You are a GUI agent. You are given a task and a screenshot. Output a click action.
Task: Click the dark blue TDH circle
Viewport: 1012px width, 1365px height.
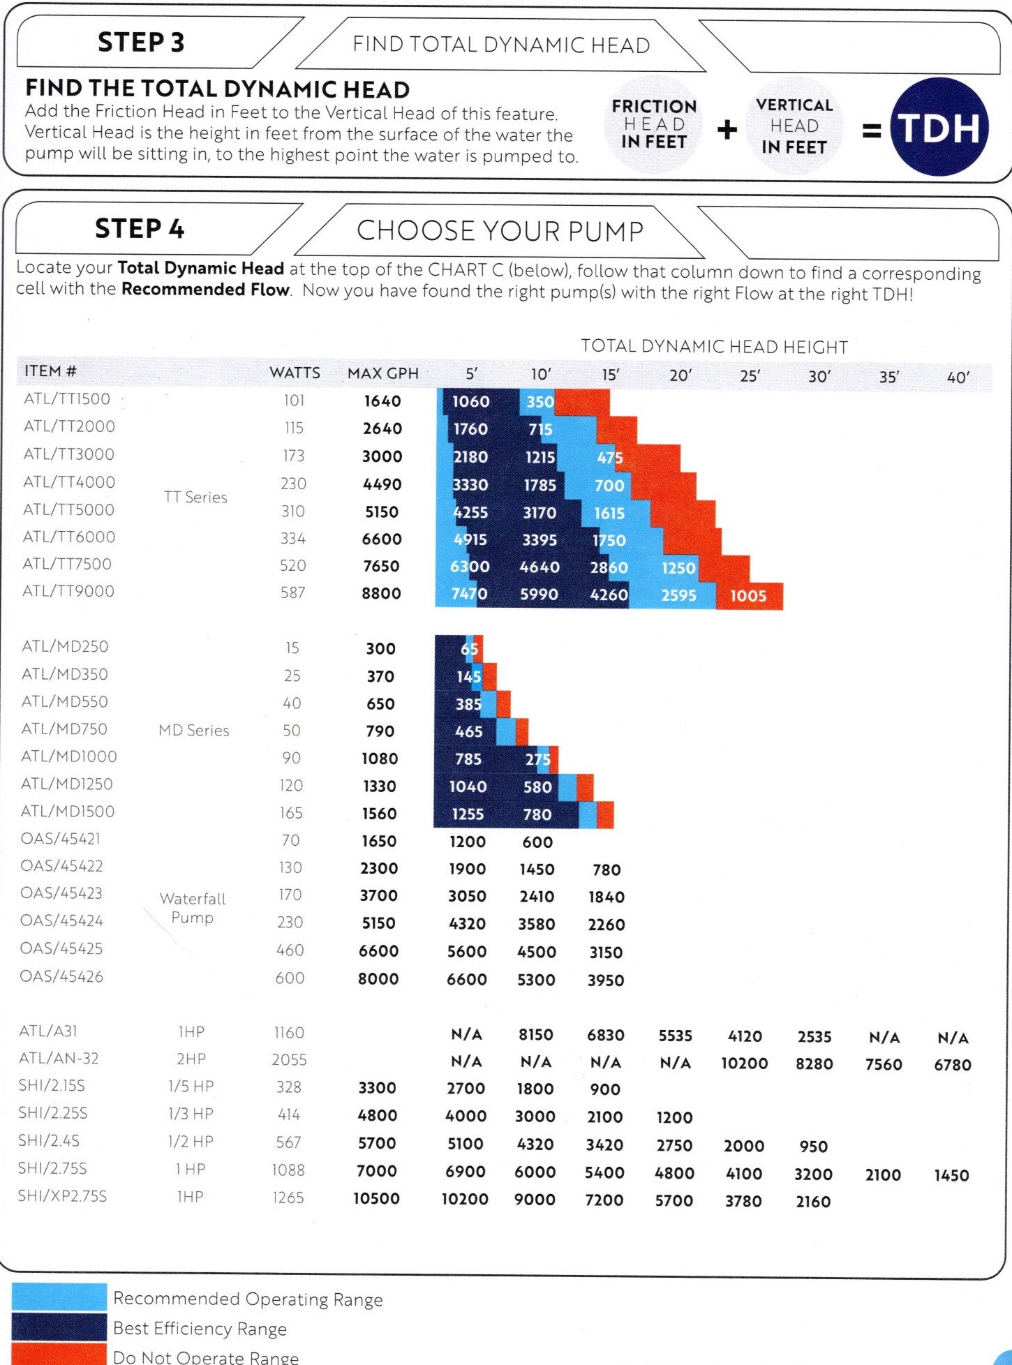939,127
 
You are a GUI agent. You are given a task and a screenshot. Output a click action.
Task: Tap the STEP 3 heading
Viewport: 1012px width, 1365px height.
141,43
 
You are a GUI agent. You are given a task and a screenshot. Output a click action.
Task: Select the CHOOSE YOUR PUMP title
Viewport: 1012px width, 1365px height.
500,231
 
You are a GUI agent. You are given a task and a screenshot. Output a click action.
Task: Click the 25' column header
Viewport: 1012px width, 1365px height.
750,376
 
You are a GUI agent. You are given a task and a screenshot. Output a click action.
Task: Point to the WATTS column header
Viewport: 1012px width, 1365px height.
295,373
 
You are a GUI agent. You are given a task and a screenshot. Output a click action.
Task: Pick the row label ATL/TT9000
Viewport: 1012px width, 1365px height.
68,591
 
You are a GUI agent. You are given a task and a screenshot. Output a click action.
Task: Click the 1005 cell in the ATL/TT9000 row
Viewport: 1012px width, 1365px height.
748,596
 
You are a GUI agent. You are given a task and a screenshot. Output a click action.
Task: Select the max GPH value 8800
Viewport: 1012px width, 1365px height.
381,593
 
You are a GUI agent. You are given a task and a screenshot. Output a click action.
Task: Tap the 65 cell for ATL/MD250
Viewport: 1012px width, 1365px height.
470,649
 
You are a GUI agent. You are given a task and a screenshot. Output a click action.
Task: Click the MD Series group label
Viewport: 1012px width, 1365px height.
194,730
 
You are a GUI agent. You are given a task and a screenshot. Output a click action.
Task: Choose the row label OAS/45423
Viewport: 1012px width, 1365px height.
61,893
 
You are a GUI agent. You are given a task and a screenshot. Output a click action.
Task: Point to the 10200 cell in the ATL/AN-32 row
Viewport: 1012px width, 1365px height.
744,1064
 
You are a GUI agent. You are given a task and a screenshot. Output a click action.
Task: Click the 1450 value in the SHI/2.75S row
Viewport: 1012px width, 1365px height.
952,1175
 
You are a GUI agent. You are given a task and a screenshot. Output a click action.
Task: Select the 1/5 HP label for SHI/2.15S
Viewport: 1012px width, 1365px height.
191,1086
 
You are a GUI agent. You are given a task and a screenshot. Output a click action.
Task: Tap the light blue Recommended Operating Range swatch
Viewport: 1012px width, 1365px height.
59,1297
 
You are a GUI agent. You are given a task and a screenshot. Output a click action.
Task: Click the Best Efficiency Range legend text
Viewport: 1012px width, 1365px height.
200,1329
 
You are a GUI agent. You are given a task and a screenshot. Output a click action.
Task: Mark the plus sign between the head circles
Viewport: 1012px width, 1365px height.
727,129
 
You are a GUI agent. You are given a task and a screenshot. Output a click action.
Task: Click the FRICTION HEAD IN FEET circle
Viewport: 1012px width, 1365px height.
653,124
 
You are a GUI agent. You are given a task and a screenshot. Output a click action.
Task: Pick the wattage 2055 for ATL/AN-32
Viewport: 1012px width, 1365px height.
289,1059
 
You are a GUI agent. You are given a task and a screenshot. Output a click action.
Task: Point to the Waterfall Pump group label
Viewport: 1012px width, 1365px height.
193,908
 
